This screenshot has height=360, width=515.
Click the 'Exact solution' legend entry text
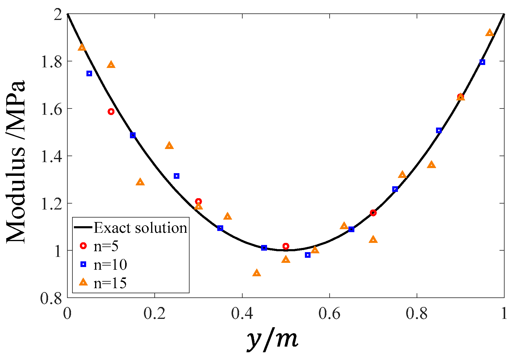[x=140, y=228]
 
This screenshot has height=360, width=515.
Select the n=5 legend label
[x=106, y=246]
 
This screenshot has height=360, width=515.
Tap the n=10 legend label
[x=110, y=265]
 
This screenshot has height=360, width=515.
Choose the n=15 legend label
[x=110, y=283]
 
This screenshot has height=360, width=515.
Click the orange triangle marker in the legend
[x=83, y=282]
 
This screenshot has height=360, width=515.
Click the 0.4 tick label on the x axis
[x=242, y=314]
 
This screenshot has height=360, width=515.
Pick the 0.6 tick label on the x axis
[x=329, y=314]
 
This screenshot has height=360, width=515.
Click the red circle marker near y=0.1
[x=111, y=112]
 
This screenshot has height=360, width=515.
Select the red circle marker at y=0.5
[x=286, y=246]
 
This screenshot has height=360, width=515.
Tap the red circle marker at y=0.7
[x=373, y=213]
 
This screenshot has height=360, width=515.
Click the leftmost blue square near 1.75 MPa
[x=89, y=74]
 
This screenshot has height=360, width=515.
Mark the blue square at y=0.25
[x=176, y=176]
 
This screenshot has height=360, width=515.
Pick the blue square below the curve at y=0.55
[x=308, y=255]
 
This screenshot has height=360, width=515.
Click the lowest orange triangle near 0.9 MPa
[x=257, y=273]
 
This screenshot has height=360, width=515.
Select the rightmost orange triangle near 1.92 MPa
[x=490, y=33]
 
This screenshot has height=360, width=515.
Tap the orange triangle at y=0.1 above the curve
[x=111, y=65]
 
